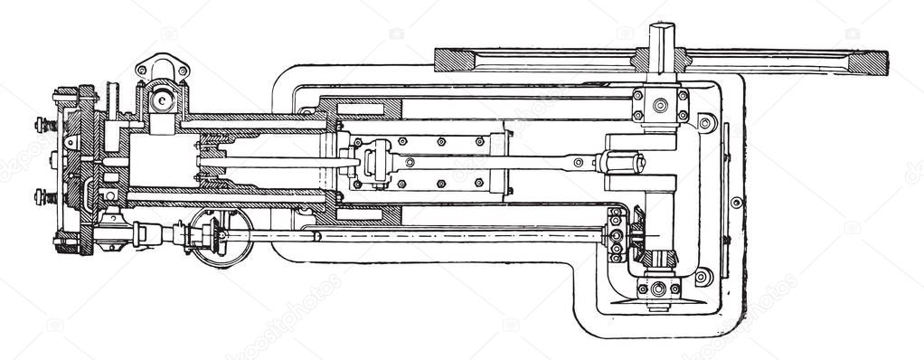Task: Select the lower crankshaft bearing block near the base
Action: [x=658, y=289]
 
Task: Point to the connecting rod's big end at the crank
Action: [x=624, y=163]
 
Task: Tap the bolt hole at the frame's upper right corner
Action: [x=705, y=122]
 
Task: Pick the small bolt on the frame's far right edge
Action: [x=737, y=202]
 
